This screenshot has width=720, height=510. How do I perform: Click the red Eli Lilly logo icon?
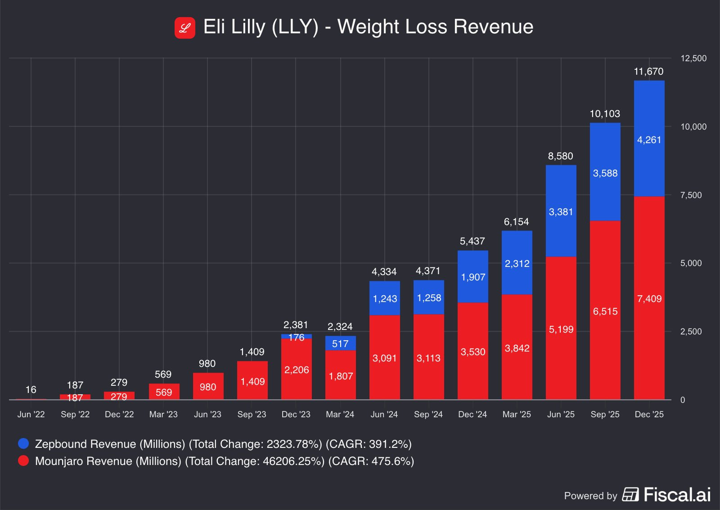[x=185, y=28]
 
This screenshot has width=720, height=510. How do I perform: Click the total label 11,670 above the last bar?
[x=648, y=72]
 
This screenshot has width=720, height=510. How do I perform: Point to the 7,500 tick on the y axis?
[x=691, y=195]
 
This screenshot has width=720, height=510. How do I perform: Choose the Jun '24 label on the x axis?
[x=384, y=414]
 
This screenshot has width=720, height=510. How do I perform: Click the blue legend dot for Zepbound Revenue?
[x=23, y=444]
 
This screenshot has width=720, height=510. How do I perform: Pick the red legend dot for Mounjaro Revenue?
[x=23, y=461]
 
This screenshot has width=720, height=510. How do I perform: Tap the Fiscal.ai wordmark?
[x=677, y=495]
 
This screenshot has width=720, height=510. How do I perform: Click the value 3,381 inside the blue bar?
[x=561, y=212]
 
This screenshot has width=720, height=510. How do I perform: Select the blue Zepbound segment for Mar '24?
[x=340, y=343]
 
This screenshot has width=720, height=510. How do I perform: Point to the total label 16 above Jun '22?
[x=31, y=390]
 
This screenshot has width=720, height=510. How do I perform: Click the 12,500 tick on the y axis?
[x=693, y=59]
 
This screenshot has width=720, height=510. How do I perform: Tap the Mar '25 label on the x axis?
[x=517, y=414]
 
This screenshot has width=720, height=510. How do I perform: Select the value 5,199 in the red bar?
[x=561, y=329]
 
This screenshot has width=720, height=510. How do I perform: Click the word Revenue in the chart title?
[x=493, y=27]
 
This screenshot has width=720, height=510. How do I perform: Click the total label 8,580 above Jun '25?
[x=560, y=156]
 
